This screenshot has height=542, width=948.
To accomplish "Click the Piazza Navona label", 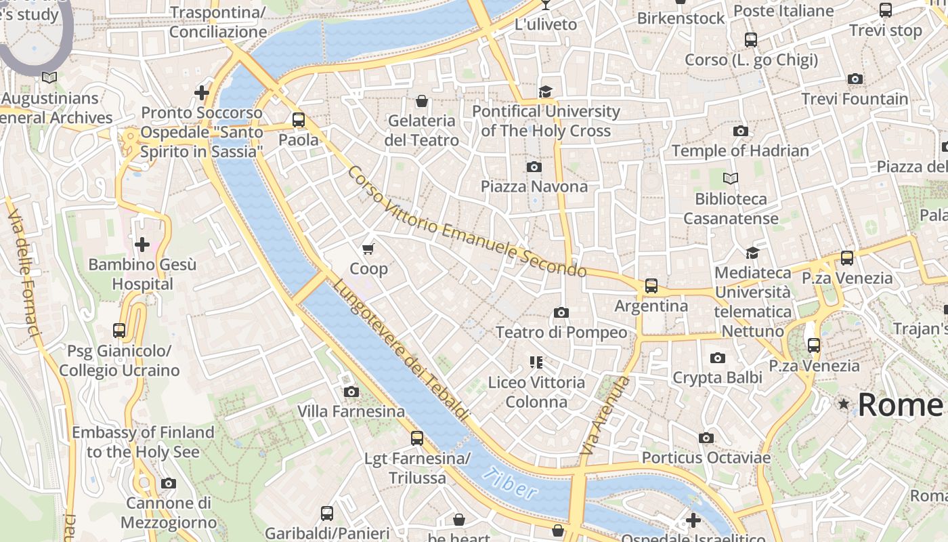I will (x=534, y=186).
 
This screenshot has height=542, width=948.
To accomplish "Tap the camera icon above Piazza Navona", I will (x=534, y=167).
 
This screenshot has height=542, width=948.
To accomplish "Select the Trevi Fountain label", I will (x=855, y=99).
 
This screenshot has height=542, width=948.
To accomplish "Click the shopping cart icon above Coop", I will (x=368, y=249).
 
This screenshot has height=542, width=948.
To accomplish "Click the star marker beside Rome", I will (x=843, y=404).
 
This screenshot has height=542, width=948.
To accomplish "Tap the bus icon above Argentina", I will (x=651, y=286).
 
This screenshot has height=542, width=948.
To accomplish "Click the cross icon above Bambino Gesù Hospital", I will (x=142, y=245).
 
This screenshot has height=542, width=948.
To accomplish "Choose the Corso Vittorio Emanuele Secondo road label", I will (x=467, y=222).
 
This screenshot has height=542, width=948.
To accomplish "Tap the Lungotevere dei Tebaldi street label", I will (x=399, y=349).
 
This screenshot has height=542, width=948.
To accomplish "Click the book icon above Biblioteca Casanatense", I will (x=730, y=179).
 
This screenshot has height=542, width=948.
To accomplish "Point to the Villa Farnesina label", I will (x=351, y=411).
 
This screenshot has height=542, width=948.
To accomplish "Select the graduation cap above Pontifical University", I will (x=546, y=91).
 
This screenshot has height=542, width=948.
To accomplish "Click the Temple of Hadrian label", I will (x=740, y=150).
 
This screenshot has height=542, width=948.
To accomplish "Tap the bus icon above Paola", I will (x=299, y=121).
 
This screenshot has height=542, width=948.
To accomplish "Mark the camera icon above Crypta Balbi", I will (x=718, y=358).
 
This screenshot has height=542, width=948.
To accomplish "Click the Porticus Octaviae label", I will (x=706, y=458).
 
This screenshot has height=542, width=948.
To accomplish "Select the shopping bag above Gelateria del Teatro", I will (x=422, y=102).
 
